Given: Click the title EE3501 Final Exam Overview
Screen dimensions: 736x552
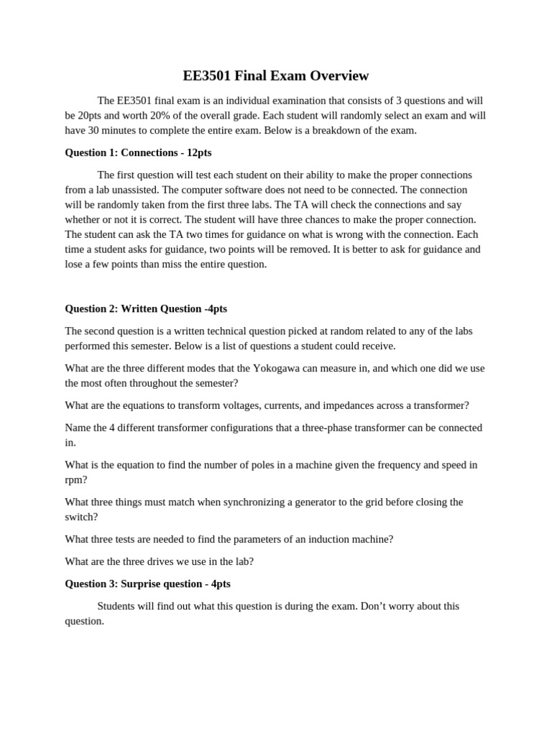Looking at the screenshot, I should click(276, 75).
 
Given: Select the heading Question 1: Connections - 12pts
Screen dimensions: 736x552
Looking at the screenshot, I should click(138, 152).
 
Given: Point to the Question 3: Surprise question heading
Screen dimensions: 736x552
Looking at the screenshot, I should click(147, 584).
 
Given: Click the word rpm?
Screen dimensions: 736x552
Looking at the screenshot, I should click(75, 479).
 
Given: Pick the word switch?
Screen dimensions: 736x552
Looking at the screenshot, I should click(81, 517).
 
